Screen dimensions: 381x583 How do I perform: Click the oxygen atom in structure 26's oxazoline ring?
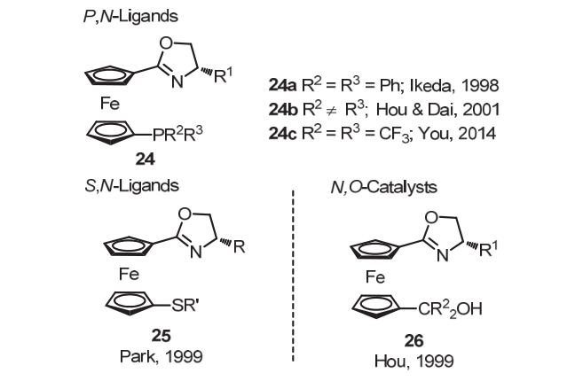point(423,213)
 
